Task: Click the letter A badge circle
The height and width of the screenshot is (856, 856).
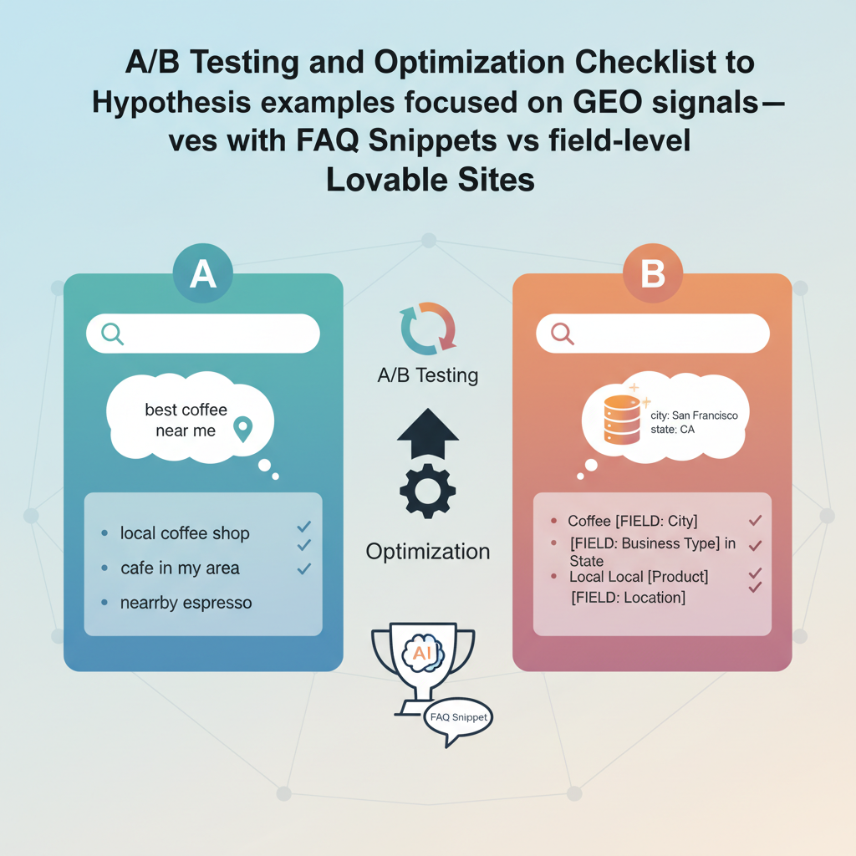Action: click(x=202, y=273)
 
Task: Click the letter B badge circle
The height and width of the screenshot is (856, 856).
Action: click(x=652, y=273)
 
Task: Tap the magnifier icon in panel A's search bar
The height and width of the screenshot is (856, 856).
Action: click(x=113, y=334)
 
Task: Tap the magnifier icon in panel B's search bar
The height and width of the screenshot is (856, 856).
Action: click(x=563, y=334)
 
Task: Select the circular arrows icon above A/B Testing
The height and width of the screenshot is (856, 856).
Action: click(x=428, y=329)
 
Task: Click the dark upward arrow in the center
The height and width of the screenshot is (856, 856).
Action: click(x=428, y=434)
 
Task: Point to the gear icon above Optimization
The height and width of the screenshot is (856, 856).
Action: click(x=428, y=491)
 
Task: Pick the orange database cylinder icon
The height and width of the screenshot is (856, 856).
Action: click(x=622, y=420)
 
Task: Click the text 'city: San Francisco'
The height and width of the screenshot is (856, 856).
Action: click(x=694, y=415)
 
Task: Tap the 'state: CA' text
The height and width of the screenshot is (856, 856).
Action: click(x=673, y=430)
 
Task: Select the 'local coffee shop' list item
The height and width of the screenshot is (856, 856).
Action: click(x=185, y=533)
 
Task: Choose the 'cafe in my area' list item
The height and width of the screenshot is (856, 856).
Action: click(x=180, y=568)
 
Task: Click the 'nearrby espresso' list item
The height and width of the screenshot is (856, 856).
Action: click(x=186, y=603)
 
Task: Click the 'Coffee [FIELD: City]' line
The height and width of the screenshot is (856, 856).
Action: click(x=633, y=522)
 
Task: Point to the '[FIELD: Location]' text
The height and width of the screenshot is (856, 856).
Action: click(x=629, y=598)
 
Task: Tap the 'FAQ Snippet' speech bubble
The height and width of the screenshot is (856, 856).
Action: click(x=458, y=721)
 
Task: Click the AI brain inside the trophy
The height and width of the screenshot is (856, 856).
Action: click(x=423, y=652)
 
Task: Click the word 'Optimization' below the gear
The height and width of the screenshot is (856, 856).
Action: click(x=428, y=552)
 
